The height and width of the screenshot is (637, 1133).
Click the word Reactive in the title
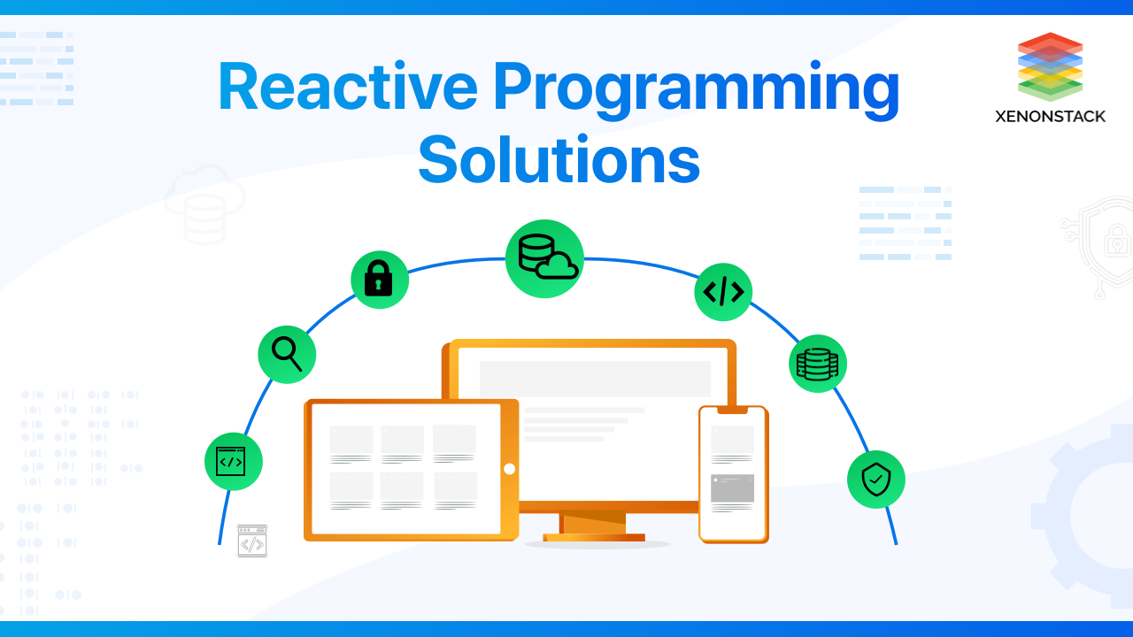point(348,86)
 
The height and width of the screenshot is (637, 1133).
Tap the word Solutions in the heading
point(559,158)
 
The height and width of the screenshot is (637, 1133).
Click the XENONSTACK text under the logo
point(1050,117)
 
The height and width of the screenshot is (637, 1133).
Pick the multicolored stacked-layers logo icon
point(1050,66)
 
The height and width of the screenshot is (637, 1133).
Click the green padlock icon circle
point(380,280)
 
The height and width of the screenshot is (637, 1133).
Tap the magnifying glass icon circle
point(287,355)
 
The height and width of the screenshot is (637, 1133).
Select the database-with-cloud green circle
point(544,258)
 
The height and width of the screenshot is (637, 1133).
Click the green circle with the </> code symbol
point(723,292)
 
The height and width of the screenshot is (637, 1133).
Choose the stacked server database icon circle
point(817,364)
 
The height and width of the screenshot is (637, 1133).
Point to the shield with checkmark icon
point(876,480)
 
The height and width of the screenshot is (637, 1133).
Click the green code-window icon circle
point(233,461)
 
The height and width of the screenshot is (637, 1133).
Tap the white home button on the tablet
point(509,469)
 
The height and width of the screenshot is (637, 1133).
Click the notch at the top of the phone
point(733,410)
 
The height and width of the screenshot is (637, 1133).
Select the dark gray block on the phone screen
point(732,487)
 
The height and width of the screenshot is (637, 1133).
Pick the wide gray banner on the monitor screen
point(596,379)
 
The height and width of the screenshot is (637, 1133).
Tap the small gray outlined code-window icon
point(252,541)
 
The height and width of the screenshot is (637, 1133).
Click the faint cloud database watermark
point(204,204)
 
